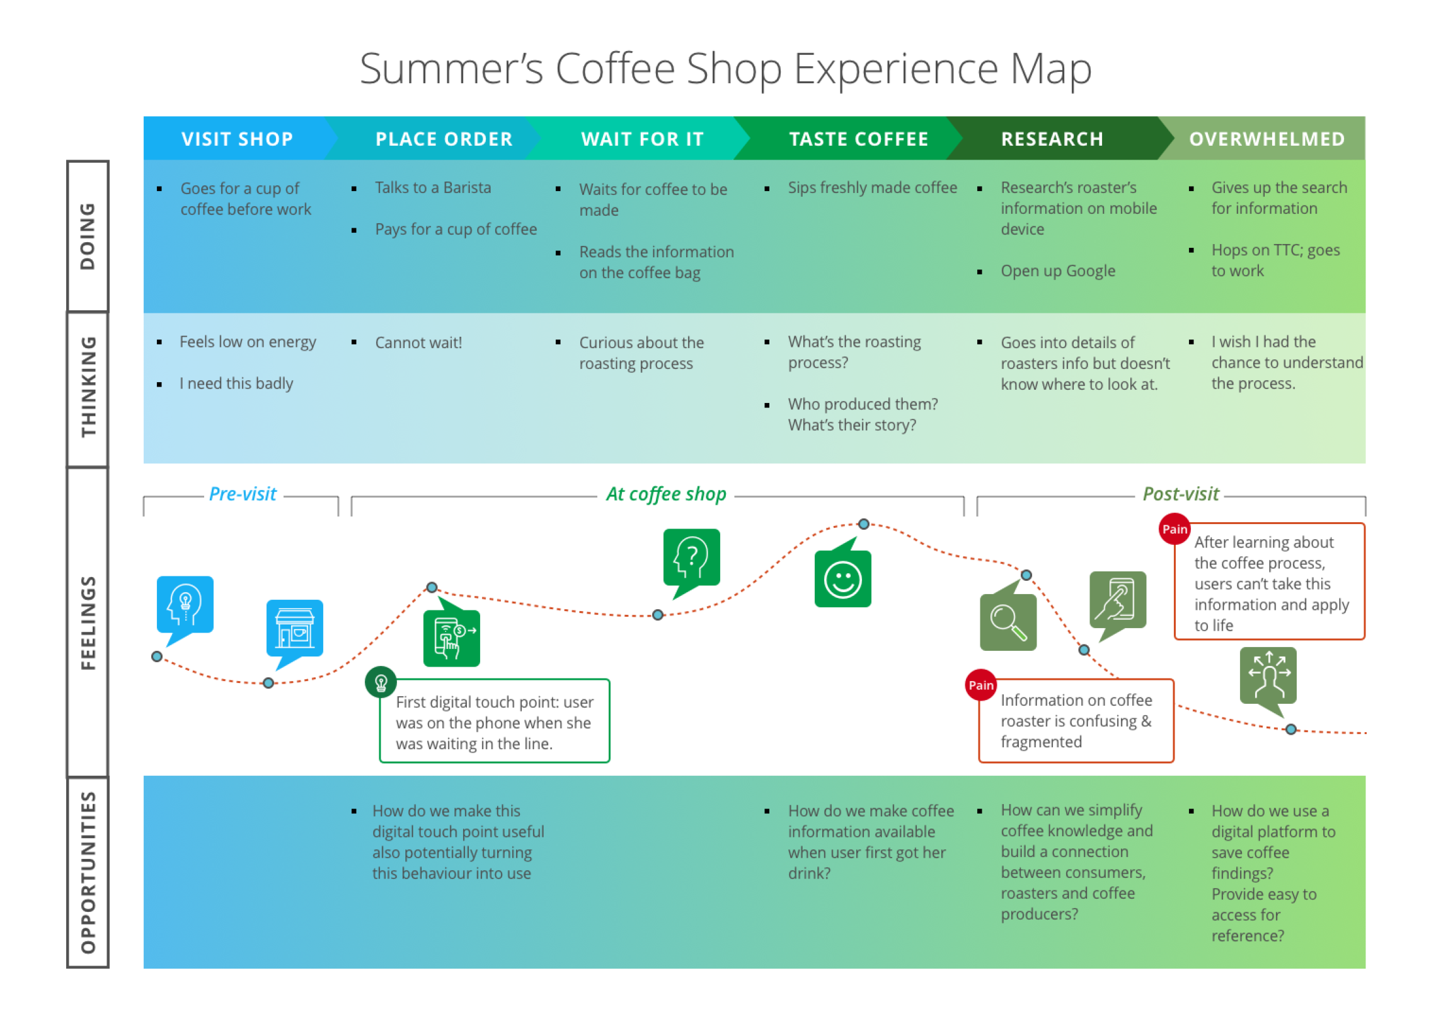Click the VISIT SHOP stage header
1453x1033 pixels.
(x=236, y=139)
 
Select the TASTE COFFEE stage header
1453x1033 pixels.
(x=858, y=139)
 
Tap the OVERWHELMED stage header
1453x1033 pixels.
(x=1266, y=139)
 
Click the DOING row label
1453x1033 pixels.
(x=88, y=236)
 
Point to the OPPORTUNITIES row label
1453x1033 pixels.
(x=88, y=872)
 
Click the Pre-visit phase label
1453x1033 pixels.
(x=242, y=494)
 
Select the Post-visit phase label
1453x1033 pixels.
(x=1180, y=494)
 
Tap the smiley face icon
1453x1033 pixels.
(x=843, y=580)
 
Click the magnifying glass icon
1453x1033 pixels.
(x=1008, y=621)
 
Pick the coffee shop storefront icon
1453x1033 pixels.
(x=294, y=629)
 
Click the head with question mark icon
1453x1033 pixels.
(x=692, y=557)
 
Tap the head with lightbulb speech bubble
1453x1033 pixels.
(x=185, y=605)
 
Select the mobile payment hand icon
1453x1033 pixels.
(x=451, y=638)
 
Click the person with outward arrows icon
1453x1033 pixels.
(x=1268, y=675)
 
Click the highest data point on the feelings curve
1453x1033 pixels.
(x=863, y=524)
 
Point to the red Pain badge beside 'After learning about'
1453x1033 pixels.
(x=1174, y=529)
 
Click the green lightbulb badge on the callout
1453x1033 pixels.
(x=381, y=683)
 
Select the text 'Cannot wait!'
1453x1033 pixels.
(x=418, y=343)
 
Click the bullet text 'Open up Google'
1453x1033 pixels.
(x=1058, y=271)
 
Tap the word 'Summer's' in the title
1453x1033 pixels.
(x=451, y=69)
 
